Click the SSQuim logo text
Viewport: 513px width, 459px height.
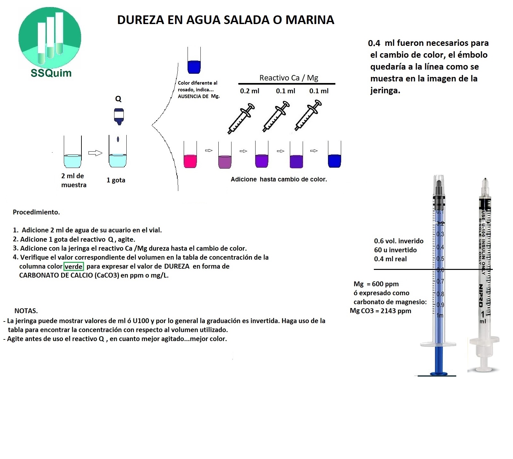click(x=51, y=73)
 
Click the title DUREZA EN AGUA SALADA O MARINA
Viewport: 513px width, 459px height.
click(x=225, y=20)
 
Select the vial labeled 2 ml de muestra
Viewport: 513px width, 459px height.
click(x=72, y=152)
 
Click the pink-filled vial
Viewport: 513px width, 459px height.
click(x=190, y=155)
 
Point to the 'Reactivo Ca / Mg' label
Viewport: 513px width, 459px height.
click(x=289, y=78)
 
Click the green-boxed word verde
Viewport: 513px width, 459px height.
click(x=74, y=266)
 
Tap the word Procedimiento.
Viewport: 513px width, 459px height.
click(x=36, y=212)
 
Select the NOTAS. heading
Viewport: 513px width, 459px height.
click(x=26, y=311)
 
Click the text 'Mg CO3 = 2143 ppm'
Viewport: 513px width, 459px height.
click(x=380, y=311)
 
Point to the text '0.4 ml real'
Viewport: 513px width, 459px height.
click(x=390, y=259)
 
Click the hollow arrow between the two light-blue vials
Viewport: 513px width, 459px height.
click(x=95, y=153)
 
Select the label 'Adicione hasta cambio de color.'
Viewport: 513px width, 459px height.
click(x=279, y=179)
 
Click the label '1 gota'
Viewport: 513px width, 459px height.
click(x=116, y=180)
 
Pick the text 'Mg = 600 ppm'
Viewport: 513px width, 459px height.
click(x=376, y=284)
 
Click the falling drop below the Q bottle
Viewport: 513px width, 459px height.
click(x=118, y=139)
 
